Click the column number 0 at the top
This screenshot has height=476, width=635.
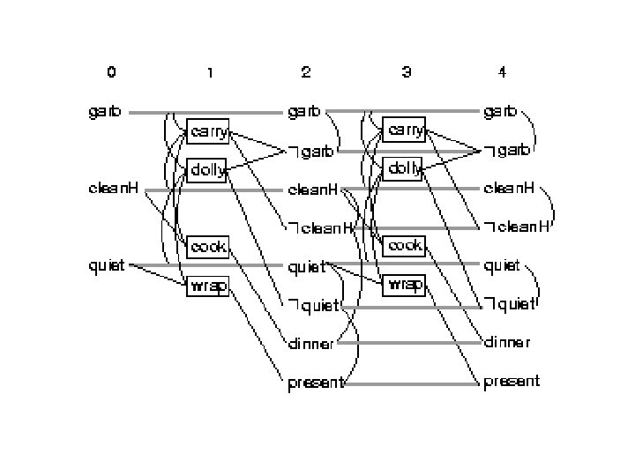click(x=111, y=71)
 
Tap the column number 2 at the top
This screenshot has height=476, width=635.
click(x=305, y=71)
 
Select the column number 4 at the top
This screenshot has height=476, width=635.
click(x=502, y=71)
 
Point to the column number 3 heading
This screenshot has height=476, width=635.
click(x=406, y=71)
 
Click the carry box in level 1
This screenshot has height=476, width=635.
click(x=208, y=132)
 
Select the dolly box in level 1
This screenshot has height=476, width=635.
click(x=208, y=170)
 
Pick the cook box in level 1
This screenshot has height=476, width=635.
click(x=208, y=246)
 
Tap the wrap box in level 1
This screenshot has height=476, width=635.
click(x=208, y=286)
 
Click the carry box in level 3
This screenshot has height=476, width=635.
click(x=405, y=130)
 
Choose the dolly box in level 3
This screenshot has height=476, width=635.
click(x=405, y=168)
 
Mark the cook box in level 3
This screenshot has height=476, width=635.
click(x=405, y=245)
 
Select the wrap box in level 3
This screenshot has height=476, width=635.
click(x=405, y=284)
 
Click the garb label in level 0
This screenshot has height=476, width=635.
click(x=106, y=113)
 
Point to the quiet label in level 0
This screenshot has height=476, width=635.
click(x=107, y=264)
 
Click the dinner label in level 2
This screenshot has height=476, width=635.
click(x=310, y=344)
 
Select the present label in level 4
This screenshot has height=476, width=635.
click(x=512, y=383)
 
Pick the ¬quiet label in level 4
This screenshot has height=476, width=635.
click(x=510, y=305)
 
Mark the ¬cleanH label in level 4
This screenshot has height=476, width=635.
click(x=517, y=227)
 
